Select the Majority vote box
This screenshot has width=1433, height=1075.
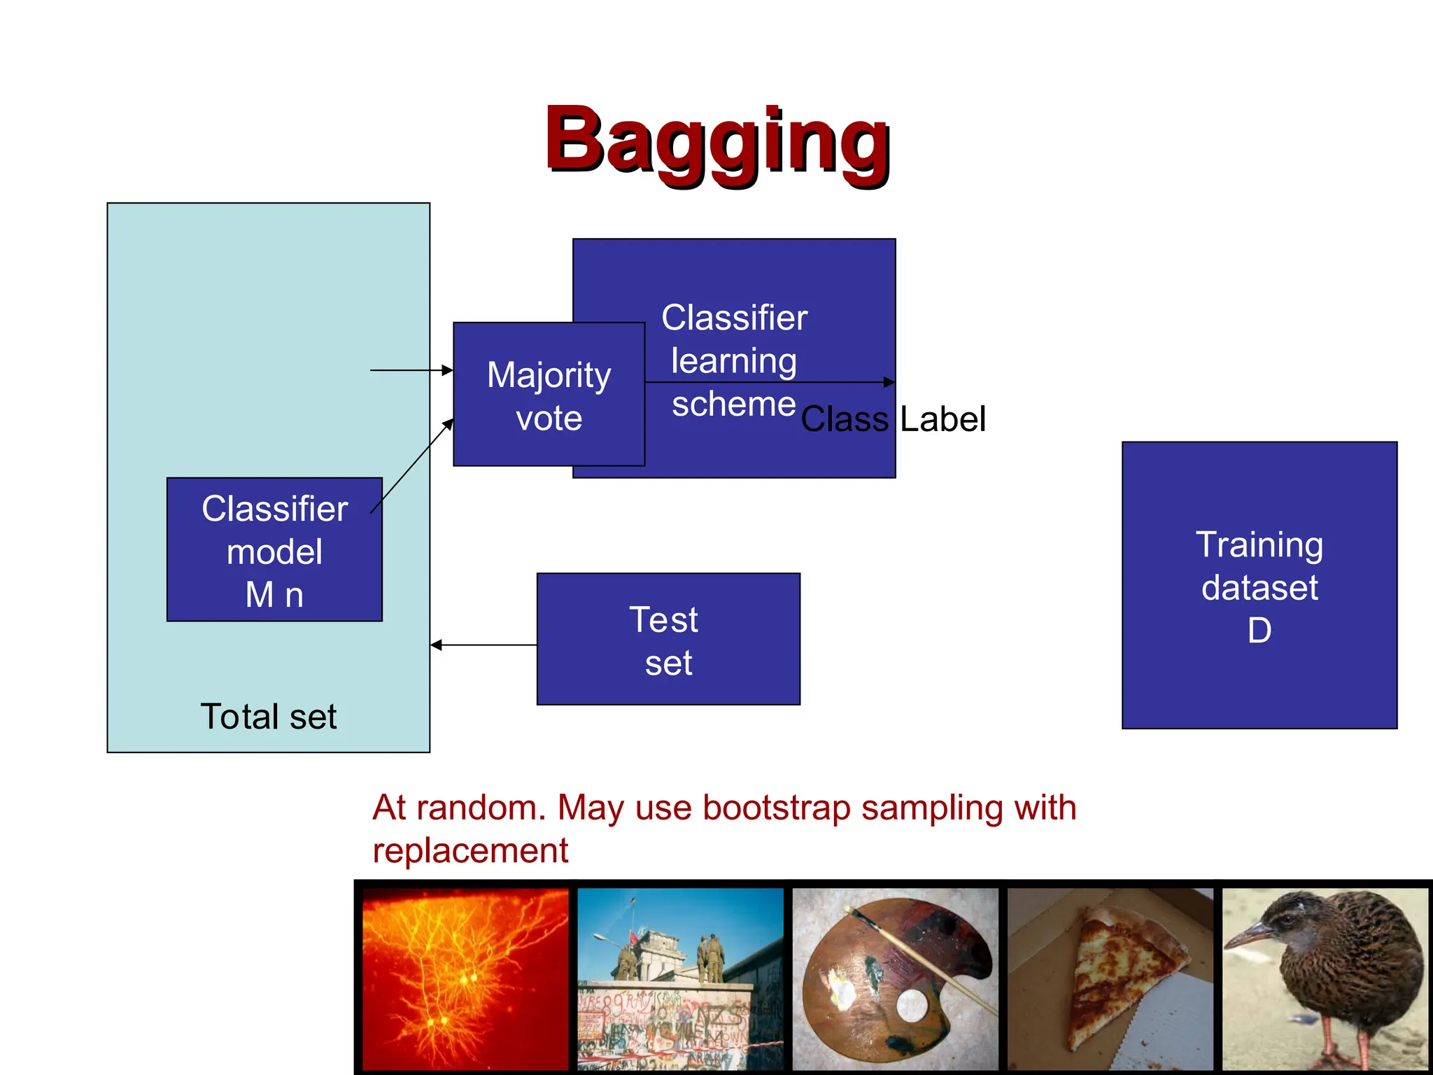549,395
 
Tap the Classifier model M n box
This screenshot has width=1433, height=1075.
274,550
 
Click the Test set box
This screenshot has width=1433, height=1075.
668,639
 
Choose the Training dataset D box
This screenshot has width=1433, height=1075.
1259,585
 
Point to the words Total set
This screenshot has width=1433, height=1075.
268,717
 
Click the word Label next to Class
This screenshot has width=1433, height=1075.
943,419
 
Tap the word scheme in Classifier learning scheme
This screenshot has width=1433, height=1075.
733,404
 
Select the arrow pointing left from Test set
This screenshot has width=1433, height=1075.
483,645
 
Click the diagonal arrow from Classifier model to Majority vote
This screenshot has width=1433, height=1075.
411,465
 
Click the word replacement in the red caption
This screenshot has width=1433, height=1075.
470,851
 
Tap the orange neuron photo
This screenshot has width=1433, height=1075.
465,978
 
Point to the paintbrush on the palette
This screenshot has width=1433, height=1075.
924,959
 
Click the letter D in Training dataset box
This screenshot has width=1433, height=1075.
1259,631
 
